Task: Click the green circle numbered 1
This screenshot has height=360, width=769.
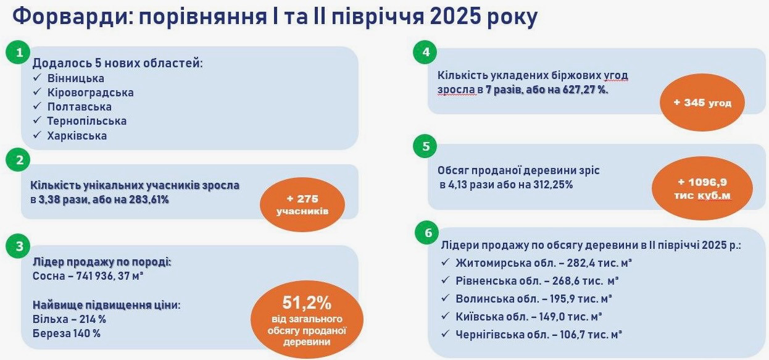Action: (x=18, y=52)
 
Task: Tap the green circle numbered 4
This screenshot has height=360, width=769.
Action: (x=426, y=52)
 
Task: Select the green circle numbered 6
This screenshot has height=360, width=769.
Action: (x=428, y=233)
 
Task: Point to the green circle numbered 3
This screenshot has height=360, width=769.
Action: (x=19, y=246)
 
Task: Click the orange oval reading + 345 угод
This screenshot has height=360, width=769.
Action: (x=702, y=103)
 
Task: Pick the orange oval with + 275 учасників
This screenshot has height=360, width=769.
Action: (x=302, y=204)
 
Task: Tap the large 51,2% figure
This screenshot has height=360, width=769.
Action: (x=307, y=303)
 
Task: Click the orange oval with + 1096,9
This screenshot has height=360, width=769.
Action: (x=702, y=188)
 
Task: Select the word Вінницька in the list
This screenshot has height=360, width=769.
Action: (x=76, y=78)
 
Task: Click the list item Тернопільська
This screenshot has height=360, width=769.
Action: (x=87, y=121)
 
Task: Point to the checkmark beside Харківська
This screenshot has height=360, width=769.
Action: (x=38, y=135)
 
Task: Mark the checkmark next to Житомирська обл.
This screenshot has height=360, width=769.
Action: (x=445, y=262)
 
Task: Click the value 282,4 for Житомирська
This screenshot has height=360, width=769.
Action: (x=581, y=263)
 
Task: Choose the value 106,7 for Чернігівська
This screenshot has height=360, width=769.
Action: (x=573, y=335)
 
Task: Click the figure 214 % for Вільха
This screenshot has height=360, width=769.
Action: (x=93, y=319)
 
